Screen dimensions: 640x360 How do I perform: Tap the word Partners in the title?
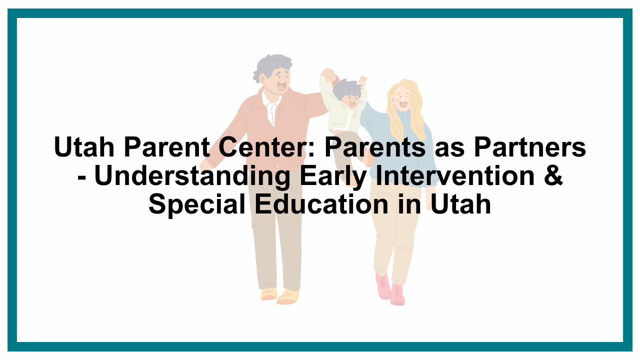[x=530, y=147]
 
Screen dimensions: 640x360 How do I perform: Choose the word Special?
[x=197, y=205]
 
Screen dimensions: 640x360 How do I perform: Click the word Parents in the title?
[x=375, y=147]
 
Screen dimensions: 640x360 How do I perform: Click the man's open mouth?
[x=281, y=86]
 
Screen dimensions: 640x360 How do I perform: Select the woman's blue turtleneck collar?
[x=403, y=115]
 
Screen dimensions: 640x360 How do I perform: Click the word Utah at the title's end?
[x=461, y=204]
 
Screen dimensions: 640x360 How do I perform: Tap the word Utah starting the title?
[x=84, y=147]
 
